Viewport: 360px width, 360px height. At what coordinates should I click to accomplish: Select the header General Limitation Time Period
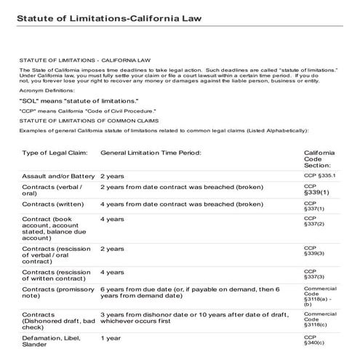(150, 153)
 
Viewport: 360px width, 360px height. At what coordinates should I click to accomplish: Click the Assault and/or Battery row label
(58, 177)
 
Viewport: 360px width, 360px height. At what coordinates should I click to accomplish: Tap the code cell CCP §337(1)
(314, 207)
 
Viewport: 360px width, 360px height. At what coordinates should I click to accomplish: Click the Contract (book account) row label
(51, 228)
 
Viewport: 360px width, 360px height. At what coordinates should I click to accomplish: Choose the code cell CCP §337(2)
(314, 221)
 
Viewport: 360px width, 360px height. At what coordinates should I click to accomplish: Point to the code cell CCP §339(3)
(314, 252)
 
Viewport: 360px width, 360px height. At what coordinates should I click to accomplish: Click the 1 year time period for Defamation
(110, 338)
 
